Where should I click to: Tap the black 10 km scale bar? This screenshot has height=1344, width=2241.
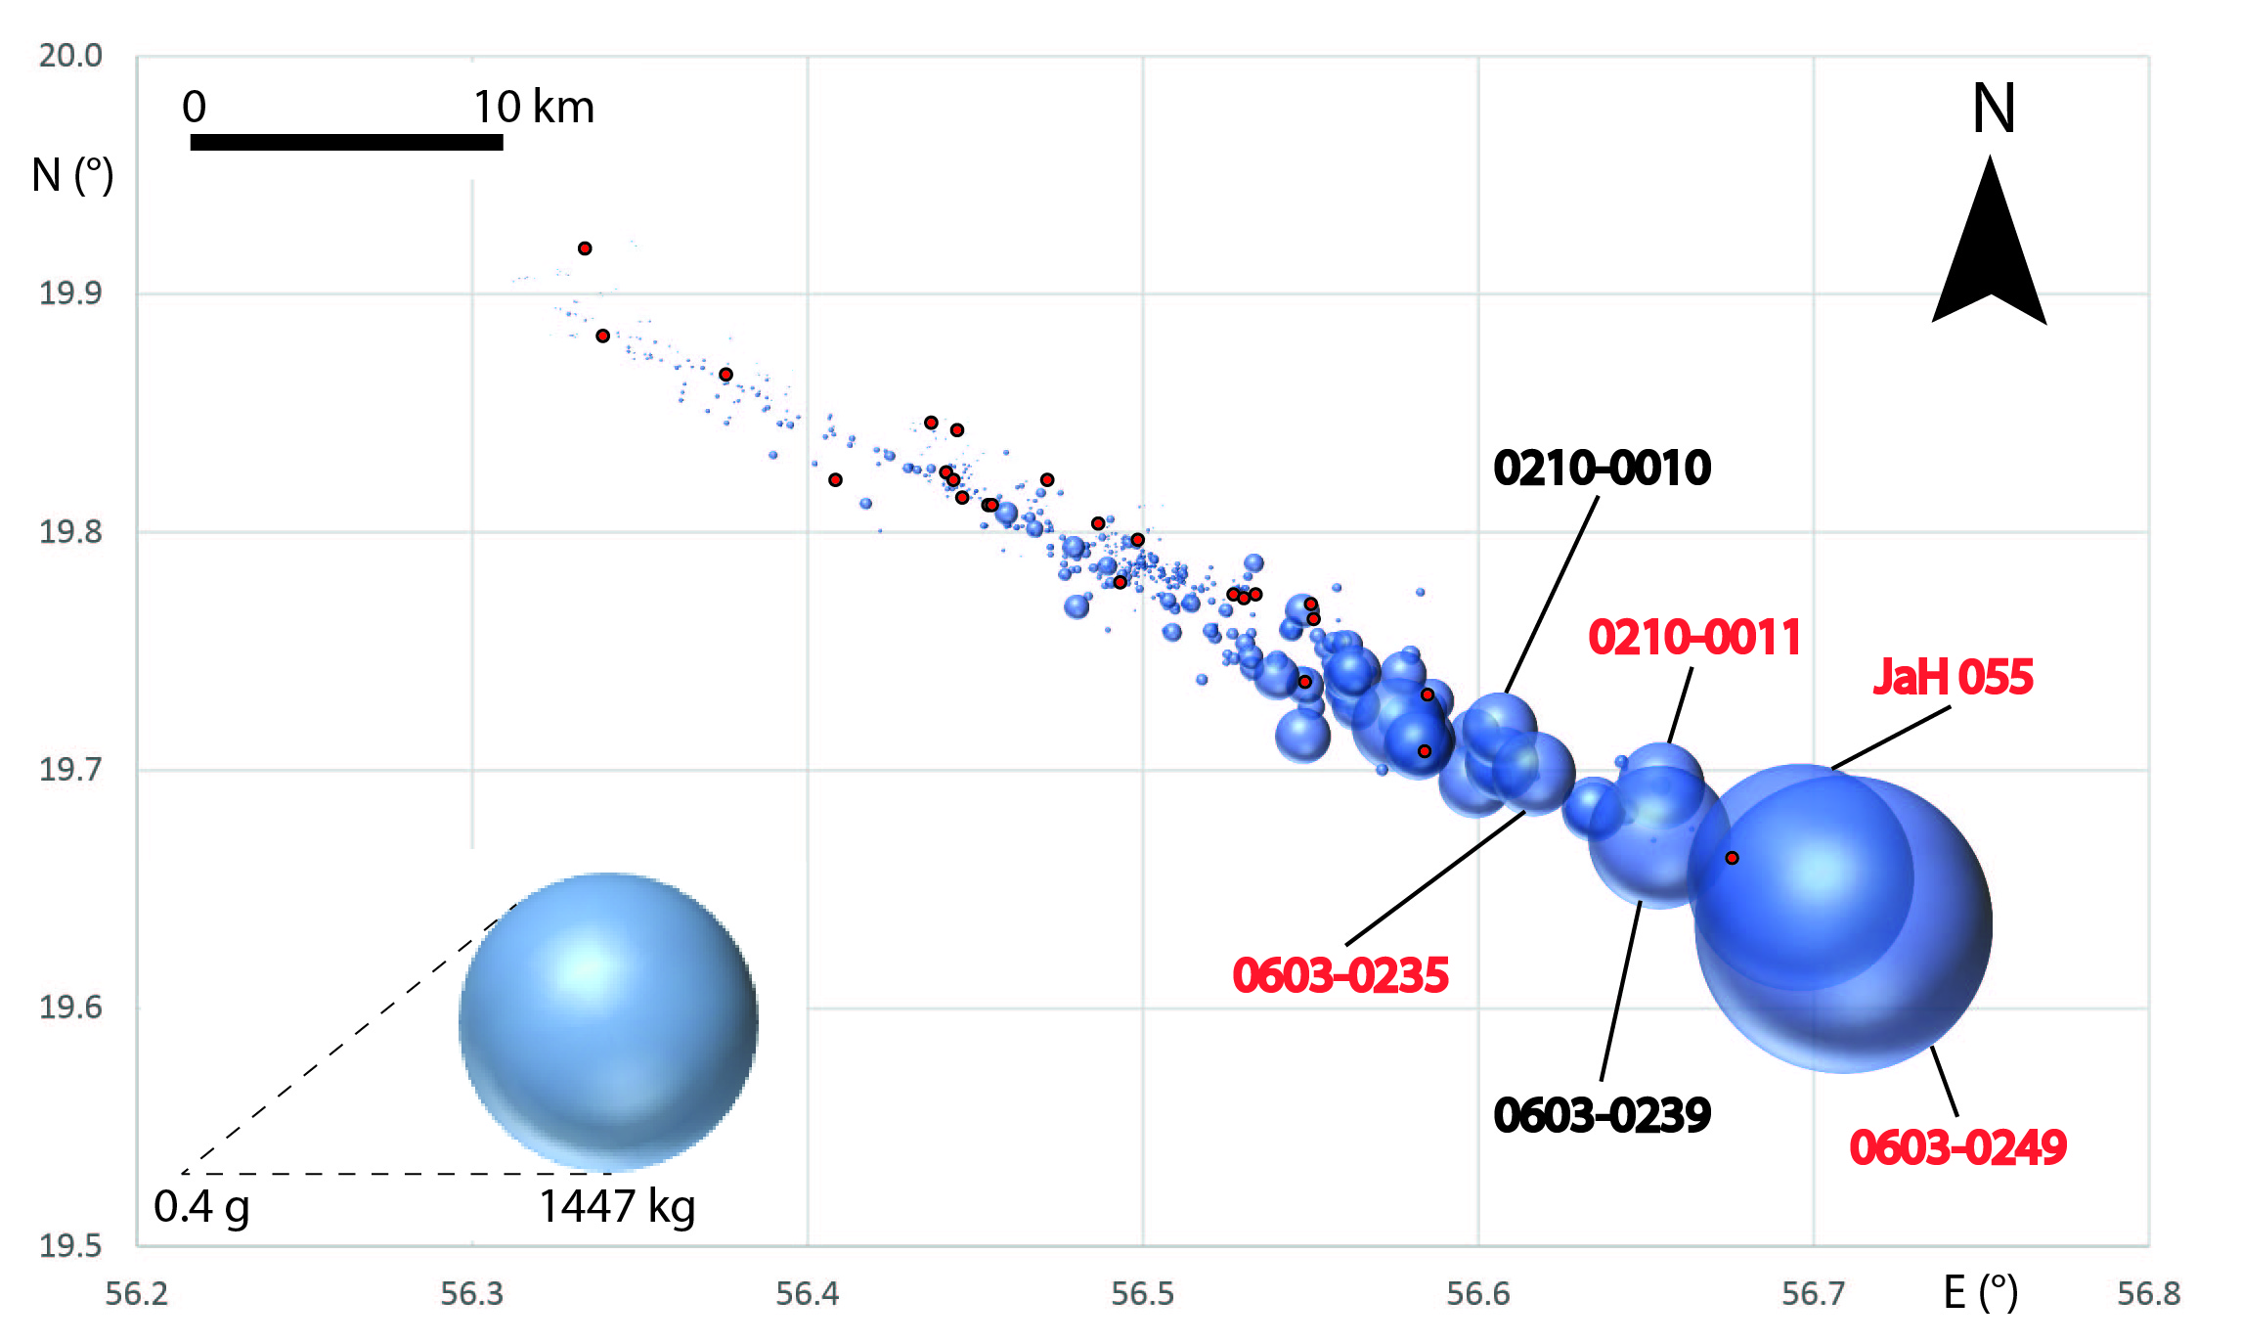[x=346, y=143]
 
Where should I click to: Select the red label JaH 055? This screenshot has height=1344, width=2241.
[x=1953, y=677]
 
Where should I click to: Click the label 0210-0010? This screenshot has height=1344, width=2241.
[x=1602, y=468]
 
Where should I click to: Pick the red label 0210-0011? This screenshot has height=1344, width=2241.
[x=1693, y=638]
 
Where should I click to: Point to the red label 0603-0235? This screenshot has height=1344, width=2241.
[x=1340, y=976]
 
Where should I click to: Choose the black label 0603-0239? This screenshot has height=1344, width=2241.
[x=1602, y=1115]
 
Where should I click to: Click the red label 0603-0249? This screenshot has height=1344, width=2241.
[x=1957, y=1147]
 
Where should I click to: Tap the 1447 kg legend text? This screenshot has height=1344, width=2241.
[x=617, y=1206]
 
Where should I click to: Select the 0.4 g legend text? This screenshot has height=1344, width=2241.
[x=201, y=1206]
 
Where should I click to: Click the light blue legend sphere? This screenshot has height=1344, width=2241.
[x=608, y=1021]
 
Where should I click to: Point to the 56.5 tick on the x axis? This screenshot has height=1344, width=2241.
[x=1142, y=1294]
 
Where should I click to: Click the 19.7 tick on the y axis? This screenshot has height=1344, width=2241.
[x=69, y=770]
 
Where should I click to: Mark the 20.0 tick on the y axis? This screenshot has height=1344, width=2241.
[x=69, y=56]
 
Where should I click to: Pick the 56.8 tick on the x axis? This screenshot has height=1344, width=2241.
[x=2148, y=1294]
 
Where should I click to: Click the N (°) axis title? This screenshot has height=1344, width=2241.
[x=72, y=176]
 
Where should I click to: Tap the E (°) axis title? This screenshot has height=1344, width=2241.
[x=1980, y=1293]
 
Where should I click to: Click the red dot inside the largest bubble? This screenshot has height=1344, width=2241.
[x=1732, y=858]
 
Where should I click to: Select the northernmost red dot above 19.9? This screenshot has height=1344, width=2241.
[x=585, y=248]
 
